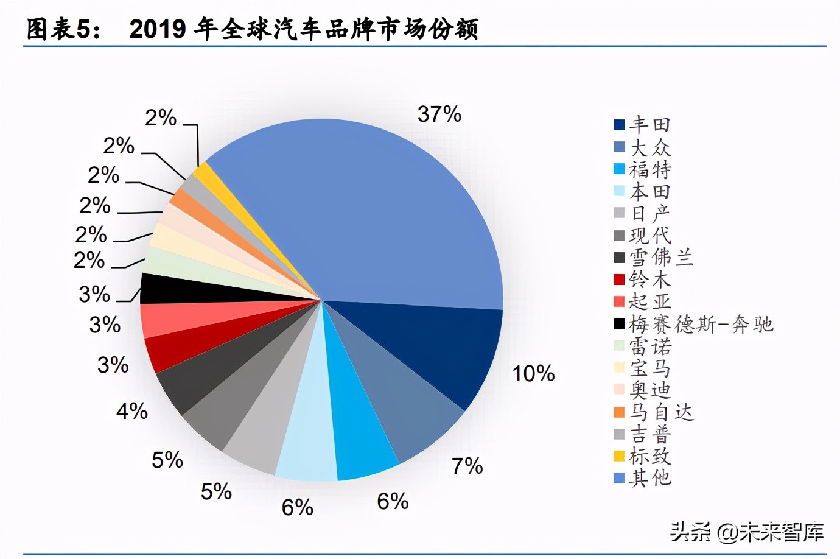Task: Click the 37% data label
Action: click(x=439, y=114)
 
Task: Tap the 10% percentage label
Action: click(x=533, y=373)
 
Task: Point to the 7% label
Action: click(x=467, y=466)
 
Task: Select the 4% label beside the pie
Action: click(x=132, y=411)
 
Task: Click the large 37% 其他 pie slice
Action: click(x=377, y=213)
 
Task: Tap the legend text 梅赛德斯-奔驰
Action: click(x=700, y=324)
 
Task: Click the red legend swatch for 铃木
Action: click(x=619, y=279)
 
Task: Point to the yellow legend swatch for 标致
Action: click(x=619, y=455)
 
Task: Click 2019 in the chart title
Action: click(x=157, y=29)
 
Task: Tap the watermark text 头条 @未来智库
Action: click(x=747, y=532)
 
